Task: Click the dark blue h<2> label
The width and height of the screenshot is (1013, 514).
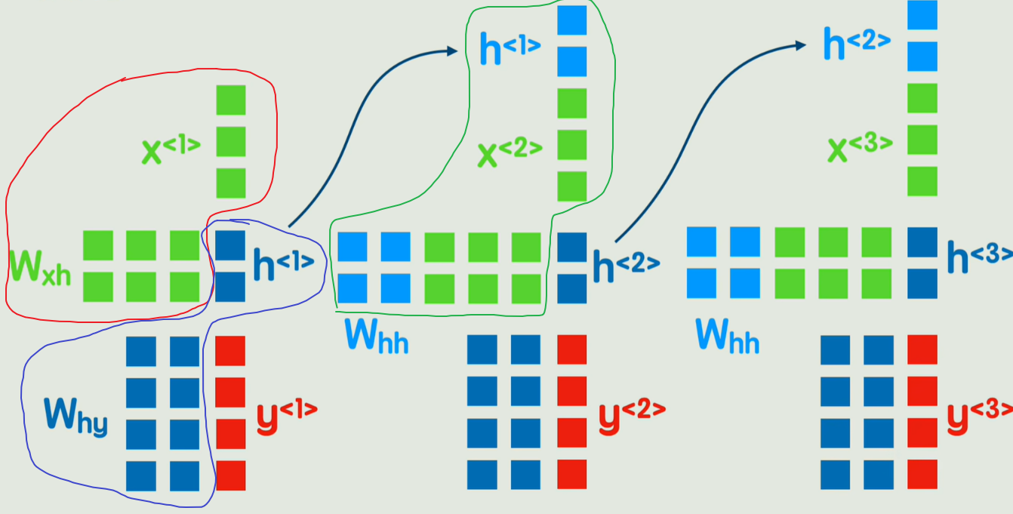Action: point(626,263)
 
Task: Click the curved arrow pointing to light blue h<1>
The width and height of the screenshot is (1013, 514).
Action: point(361,113)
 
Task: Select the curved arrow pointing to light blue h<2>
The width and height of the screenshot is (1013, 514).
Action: point(702,128)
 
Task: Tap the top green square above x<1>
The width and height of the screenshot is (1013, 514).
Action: point(231,100)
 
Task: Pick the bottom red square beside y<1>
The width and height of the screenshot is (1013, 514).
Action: point(231,476)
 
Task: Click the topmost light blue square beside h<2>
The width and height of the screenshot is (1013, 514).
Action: point(922,15)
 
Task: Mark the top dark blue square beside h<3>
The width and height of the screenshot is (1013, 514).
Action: point(922,243)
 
